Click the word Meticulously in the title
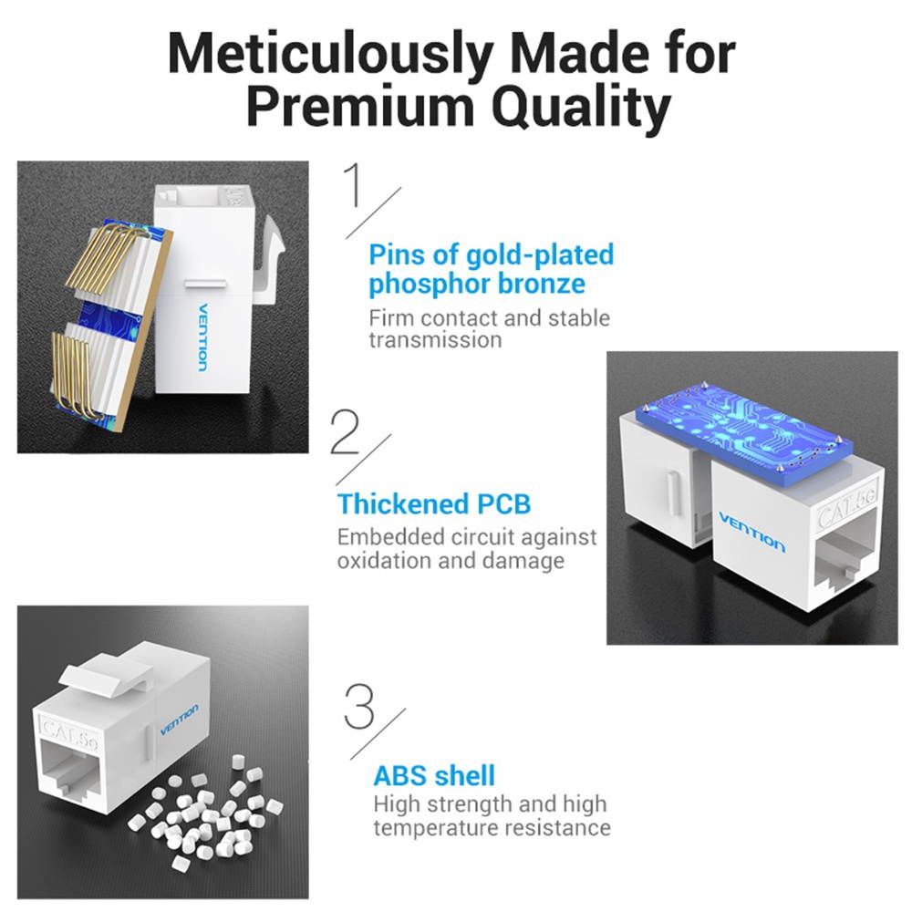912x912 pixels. click(324, 57)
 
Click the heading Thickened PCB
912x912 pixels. click(433, 503)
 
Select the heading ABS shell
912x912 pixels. click(434, 776)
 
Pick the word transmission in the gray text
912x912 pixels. click(435, 340)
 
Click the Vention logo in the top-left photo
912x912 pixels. click(202, 337)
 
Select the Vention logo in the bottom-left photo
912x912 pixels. click(179, 720)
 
